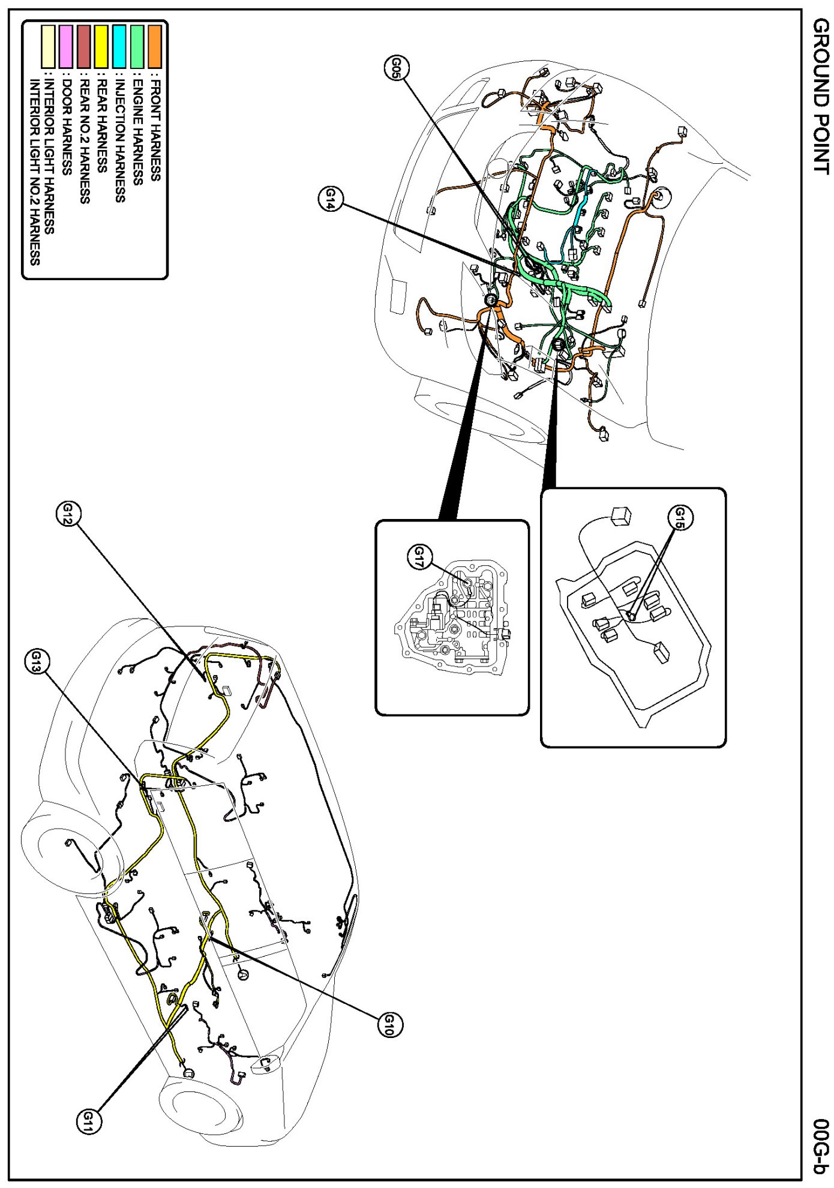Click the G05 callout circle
(x=396, y=68)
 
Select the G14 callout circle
(x=330, y=198)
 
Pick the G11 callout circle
(x=89, y=1120)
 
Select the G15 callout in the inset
(x=680, y=516)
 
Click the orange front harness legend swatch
(x=155, y=46)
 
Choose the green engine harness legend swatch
(x=137, y=46)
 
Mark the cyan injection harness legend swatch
(x=119, y=46)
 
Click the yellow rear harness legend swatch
(x=101, y=46)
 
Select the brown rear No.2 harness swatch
(x=84, y=46)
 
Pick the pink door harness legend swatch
(x=66, y=46)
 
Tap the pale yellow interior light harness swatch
(x=48, y=46)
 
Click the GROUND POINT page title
(x=820, y=96)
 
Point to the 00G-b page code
(x=820, y=1146)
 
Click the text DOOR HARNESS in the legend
(x=67, y=127)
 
